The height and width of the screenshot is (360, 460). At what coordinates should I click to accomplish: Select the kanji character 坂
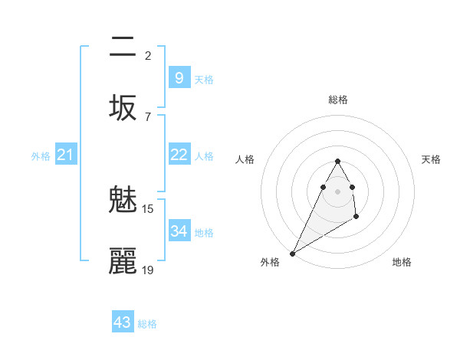[x=123, y=107]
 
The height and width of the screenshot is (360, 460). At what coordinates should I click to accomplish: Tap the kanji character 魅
[x=123, y=201]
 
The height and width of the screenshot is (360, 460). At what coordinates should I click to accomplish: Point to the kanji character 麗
[x=123, y=261]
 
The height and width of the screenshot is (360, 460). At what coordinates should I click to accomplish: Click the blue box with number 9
[x=179, y=77]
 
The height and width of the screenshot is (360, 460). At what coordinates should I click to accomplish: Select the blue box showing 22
[x=179, y=155]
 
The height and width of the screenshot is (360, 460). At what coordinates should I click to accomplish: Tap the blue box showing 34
[x=179, y=231]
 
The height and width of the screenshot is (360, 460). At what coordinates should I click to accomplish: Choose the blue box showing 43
[x=123, y=322]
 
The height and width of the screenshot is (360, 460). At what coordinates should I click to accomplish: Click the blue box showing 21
[x=66, y=155]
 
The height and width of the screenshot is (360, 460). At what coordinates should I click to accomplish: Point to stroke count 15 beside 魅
[x=148, y=208]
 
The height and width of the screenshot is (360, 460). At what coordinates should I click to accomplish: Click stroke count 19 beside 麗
[x=148, y=269]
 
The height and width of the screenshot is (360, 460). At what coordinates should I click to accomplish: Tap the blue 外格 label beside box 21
[x=41, y=156]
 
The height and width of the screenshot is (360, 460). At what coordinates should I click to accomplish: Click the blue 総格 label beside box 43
[x=147, y=324]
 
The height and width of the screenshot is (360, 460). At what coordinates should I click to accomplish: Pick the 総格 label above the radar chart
[x=337, y=100]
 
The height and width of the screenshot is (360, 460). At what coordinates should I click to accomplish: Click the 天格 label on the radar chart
[x=431, y=159]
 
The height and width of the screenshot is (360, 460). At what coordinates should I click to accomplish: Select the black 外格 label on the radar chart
[x=270, y=262]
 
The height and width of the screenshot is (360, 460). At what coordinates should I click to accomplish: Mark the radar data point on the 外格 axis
[x=292, y=253]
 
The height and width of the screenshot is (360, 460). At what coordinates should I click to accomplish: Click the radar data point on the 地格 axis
[x=356, y=218]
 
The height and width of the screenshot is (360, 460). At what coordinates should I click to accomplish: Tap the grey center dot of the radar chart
[x=337, y=191]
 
